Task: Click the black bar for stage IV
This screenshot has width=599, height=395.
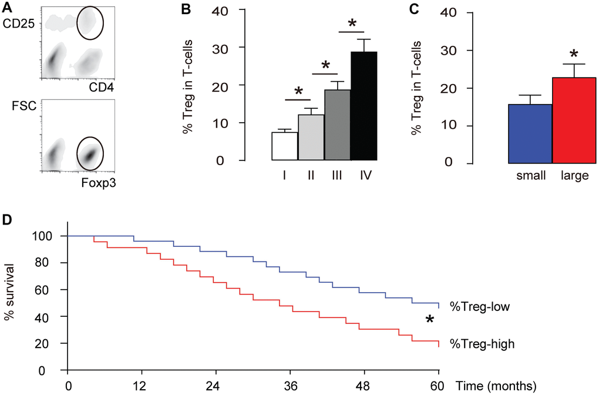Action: click(x=364, y=106)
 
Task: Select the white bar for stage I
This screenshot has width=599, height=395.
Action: click(x=284, y=146)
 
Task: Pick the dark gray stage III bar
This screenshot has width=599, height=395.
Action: click(x=338, y=125)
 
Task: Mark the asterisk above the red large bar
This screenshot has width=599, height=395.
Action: click(x=574, y=54)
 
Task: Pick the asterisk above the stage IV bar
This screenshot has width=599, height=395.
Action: click(x=352, y=24)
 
